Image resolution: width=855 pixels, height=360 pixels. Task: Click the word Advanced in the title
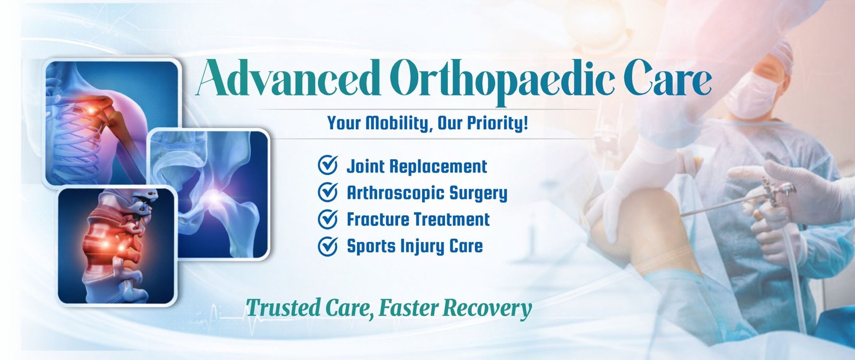(288, 78)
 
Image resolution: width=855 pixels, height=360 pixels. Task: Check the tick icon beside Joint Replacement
(328, 165)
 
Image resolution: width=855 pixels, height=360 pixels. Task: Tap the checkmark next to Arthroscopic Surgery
(328, 192)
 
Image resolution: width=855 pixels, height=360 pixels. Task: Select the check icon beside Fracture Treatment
(328, 219)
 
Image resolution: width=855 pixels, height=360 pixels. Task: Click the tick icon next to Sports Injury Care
(328, 246)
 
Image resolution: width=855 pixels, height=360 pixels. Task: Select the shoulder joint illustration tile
(111, 122)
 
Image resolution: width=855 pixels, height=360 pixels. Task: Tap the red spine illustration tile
(117, 246)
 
